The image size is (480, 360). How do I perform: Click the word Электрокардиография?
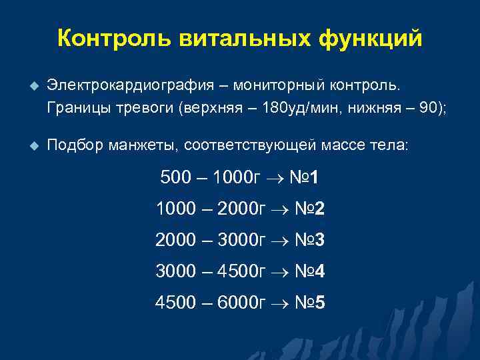pyautogui.click(x=131, y=86)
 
